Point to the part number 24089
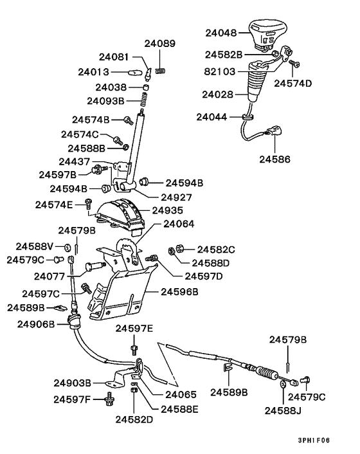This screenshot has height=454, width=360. point(159,44)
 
